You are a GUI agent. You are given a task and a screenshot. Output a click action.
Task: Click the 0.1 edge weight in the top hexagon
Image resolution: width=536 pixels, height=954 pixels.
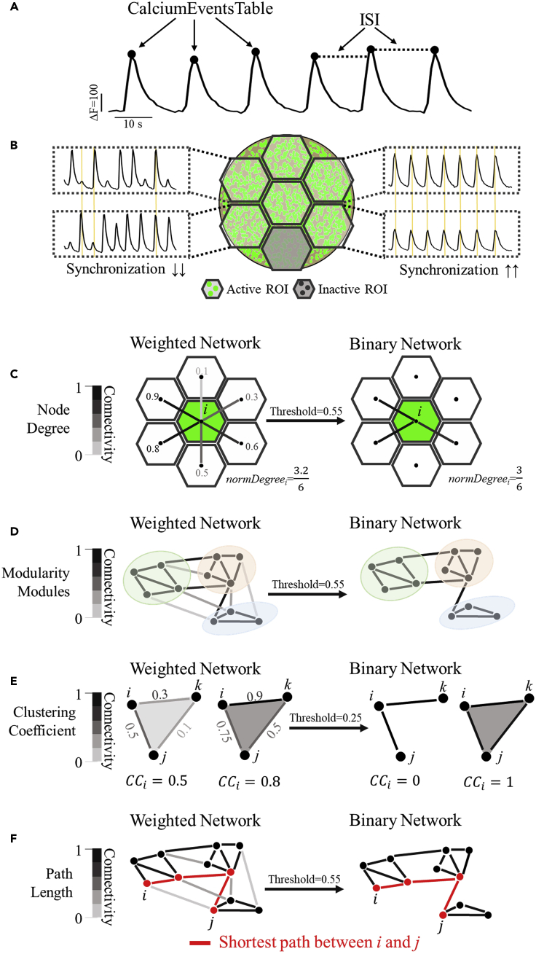click(202, 371)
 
